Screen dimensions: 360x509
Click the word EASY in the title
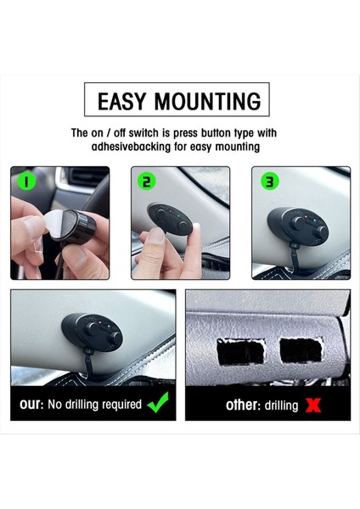121,101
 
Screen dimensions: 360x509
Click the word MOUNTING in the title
208,101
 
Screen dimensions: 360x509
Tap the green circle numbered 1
25,182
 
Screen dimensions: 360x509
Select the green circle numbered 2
147,182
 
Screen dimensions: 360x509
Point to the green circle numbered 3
270,182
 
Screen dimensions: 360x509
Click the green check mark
158,402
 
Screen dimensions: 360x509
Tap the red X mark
313,406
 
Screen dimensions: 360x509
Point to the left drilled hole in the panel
241,352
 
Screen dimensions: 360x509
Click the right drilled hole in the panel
301,350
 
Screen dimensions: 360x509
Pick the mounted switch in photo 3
298,226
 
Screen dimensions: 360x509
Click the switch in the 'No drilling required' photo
93,332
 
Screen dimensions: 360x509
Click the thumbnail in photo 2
156,236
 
